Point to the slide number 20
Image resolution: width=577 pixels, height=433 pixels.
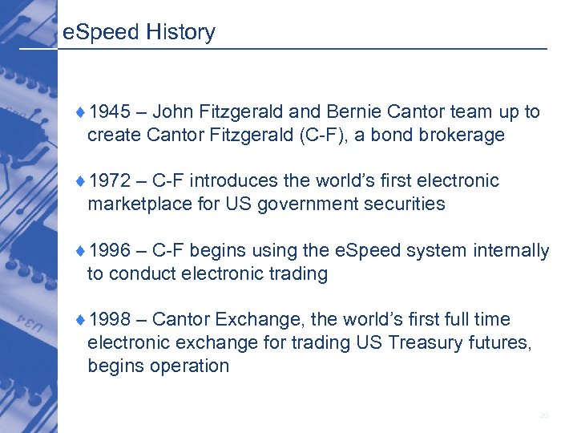pyautogui.click(x=544, y=415)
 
